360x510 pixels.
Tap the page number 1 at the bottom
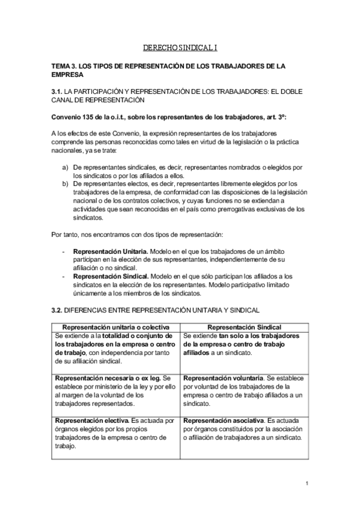coord(307,483)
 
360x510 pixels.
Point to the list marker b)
coord(65,183)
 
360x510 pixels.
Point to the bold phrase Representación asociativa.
coord(223,421)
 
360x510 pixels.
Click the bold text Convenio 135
coord(75,116)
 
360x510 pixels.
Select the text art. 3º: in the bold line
coord(268,116)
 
